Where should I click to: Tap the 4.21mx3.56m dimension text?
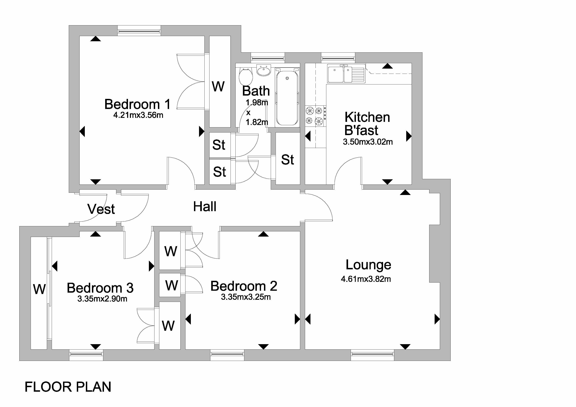(138, 115)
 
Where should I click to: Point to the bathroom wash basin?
(264, 70)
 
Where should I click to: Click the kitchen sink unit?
(346, 73)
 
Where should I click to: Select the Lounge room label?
(368, 265)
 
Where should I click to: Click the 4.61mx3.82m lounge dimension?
(366, 279)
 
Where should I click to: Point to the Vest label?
(101, 209)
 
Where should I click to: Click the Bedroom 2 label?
(244, 286)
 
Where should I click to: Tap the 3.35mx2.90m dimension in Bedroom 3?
(102, 299)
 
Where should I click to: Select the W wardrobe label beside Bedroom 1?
(218, 87)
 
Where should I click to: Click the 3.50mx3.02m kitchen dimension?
(368, 142)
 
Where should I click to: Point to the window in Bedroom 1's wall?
(139, 31)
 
